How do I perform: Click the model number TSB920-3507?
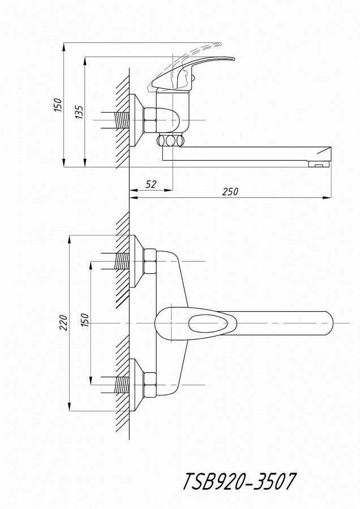click(x=239, y=482)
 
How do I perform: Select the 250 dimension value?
click(x=230, y=192)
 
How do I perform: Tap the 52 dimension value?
click(x=151, y=184)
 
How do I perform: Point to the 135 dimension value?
click(x=79, y=112)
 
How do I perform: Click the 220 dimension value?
click(x=63, y=323)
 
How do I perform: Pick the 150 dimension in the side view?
click(x=58, y=105)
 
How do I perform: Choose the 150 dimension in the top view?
click(x=84, y=320)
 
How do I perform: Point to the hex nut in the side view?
click(x=150, y=120)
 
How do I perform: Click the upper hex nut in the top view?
click(x=150, y=261)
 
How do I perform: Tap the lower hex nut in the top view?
click(x=150, y=385)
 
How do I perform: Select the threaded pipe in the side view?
click(x=122, y=120)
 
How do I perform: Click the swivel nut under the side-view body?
click(x=170, y=141)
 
